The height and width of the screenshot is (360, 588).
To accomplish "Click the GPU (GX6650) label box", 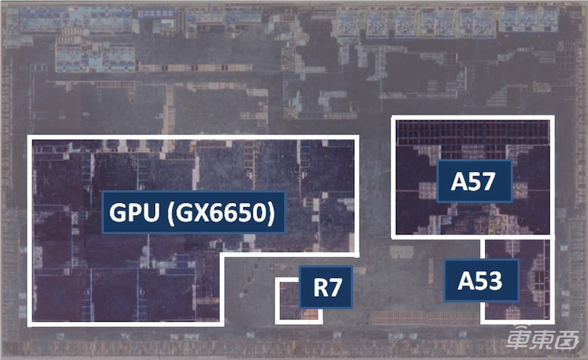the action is (193, 212).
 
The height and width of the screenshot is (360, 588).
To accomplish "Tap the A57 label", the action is (474, 181).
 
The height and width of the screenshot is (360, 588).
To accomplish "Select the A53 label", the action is (482, 281).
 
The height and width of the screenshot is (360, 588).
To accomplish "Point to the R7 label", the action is (326, 287).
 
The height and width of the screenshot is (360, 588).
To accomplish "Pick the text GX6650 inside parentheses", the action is (222, 212).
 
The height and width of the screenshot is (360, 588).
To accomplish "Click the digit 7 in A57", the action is (489, 182).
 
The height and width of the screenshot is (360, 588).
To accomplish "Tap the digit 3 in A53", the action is (495, 281).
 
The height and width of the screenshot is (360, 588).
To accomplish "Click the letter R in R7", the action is (320, 287).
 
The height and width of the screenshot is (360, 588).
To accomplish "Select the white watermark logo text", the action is (542, 336).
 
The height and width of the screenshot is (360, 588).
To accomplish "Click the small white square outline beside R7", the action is (298, 300).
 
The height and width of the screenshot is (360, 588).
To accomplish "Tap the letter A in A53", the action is (466, 281).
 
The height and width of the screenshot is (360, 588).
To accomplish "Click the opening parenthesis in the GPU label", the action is (170, 213).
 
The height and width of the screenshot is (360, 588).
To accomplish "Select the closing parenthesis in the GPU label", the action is (272, 213).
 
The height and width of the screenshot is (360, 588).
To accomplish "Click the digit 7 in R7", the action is (335, 287).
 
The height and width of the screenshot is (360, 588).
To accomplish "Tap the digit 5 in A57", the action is (474, 182).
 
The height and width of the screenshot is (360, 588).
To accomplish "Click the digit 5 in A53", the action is (481, 281).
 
